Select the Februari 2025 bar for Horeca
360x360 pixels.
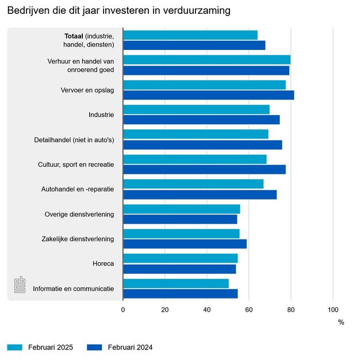coord(180,258)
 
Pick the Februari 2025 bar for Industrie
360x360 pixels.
coord(196,109)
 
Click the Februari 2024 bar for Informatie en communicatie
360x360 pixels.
coord(180,293)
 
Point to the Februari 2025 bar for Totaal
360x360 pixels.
coord(190,35)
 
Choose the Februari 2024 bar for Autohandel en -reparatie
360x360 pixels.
coord(200,194)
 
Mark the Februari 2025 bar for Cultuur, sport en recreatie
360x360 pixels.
coord(194,159)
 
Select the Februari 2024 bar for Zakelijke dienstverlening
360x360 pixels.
coord(185,244)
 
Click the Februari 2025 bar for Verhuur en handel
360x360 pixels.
coord(206,60)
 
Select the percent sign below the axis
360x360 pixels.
coord(341,322)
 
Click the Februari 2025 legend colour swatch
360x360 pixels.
coord(14,347)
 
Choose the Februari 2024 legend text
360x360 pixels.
coord(130,347)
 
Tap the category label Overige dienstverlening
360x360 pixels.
coord(79,215)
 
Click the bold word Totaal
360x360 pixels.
coord(74,36)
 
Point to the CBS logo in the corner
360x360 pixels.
coord(20,285)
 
